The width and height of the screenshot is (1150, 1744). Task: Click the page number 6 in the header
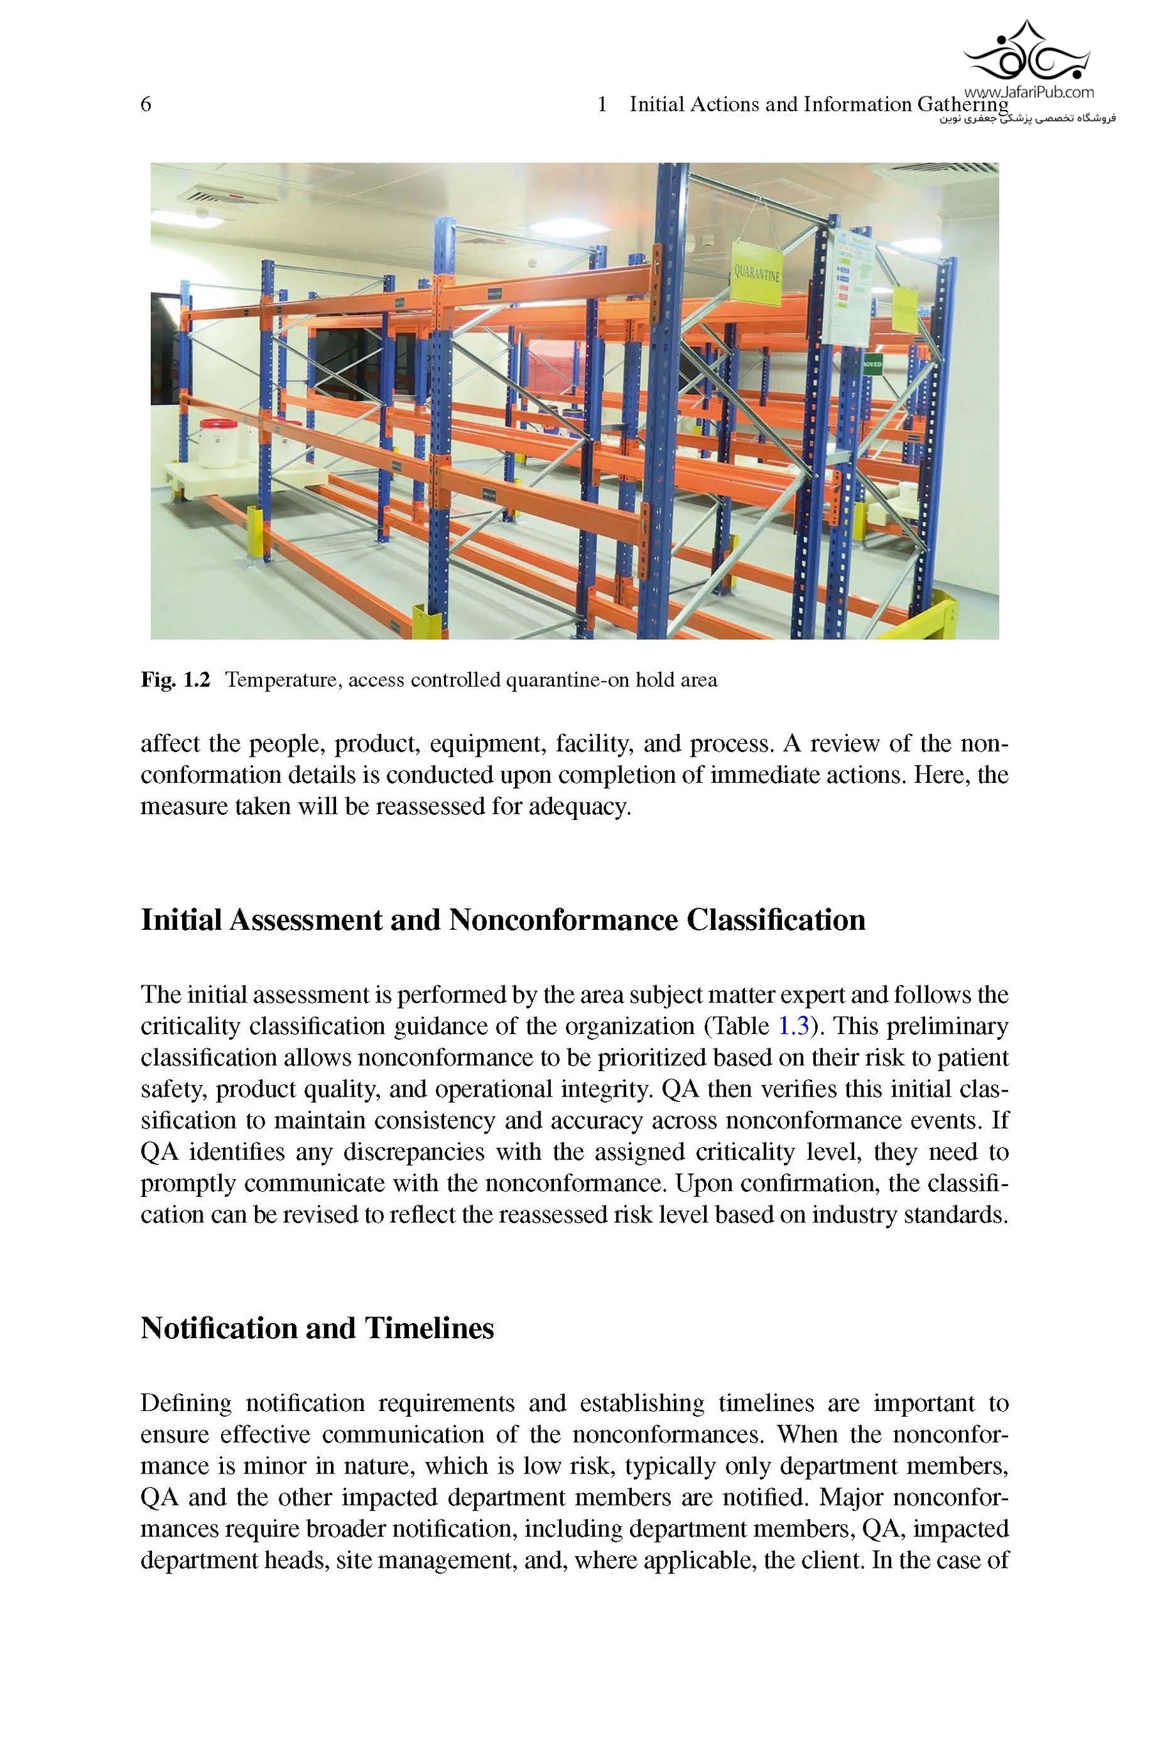click(x=146, y=105)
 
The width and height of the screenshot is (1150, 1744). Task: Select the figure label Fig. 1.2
click(x=175, y=681)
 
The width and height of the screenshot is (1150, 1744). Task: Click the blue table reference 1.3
click(x=793, y=1026)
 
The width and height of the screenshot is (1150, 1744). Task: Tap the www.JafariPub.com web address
click(x=1028, y=93)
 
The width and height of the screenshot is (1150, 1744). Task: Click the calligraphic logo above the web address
click(x=1026, y=51)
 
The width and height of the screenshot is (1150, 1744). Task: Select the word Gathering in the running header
click(x=962, y=105)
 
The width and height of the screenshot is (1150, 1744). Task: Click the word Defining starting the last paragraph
click(x=185, y=1403)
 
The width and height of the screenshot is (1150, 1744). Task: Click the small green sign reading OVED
click(x=871, y=364)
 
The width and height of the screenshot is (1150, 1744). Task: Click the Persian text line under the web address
click(x=1027, y=118)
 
